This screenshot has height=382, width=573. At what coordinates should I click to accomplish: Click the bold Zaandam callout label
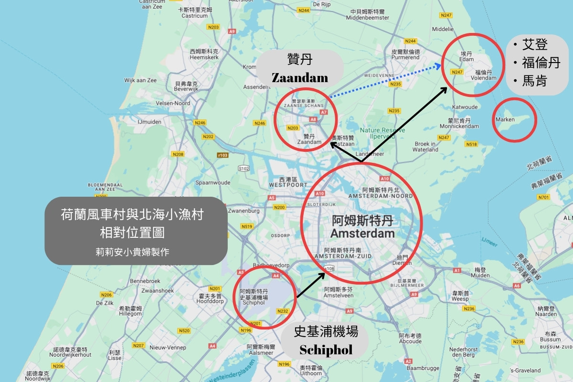[300, 77]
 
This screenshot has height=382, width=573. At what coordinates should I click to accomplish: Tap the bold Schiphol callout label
[326, 350]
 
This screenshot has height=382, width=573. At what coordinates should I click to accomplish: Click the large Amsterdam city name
[362, 233]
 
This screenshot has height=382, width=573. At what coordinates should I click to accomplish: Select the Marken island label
[505, 119]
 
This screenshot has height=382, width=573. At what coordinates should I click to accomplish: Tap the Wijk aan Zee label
[140, 80]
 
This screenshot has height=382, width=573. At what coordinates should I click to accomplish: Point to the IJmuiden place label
[149, 122]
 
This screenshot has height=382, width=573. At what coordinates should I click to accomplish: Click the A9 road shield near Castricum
[232, 32]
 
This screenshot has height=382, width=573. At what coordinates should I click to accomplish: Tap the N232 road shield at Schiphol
[283, 311]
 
